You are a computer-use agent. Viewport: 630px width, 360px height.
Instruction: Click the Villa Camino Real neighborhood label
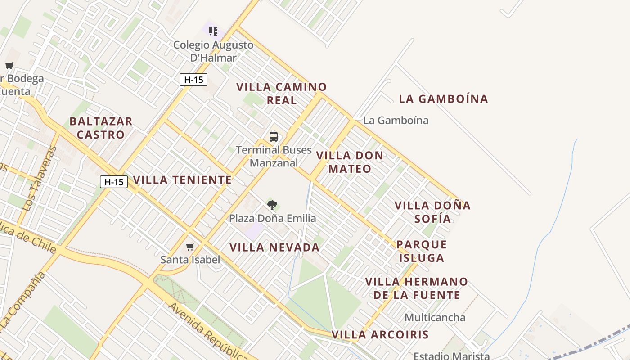coord(282,94)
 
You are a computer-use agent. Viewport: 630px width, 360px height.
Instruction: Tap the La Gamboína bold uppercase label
coord(443,99)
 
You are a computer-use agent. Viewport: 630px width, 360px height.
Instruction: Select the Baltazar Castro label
coord(101,128)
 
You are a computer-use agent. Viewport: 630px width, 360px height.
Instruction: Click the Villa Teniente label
coord(182,180)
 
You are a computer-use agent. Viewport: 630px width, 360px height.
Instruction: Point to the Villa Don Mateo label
coord(350,162)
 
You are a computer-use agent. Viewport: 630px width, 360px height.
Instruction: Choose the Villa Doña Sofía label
coord(432,212)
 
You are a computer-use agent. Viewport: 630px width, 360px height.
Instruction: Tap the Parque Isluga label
coord(422,251)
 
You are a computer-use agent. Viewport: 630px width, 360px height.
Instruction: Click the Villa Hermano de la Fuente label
coord(417,288)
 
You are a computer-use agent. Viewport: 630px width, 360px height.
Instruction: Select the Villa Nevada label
coord(274,247)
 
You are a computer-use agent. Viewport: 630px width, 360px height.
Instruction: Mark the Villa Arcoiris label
coord(380,335)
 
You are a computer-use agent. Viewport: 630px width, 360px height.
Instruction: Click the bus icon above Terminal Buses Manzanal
coord(273,137)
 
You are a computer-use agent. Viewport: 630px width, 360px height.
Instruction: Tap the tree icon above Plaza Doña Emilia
coord(272,206)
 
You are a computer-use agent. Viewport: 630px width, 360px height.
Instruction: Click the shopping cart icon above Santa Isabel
coord(190,247)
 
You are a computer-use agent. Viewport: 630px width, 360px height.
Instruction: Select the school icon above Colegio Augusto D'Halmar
coord(213,31)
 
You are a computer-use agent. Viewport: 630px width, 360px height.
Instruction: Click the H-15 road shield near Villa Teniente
coord(114,182)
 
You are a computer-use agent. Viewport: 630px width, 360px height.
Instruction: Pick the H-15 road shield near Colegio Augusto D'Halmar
coord(193,80)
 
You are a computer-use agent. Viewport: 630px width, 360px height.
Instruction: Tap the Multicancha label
coord(435,317)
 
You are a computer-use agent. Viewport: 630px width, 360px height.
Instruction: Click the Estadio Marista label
coord(451,355)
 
